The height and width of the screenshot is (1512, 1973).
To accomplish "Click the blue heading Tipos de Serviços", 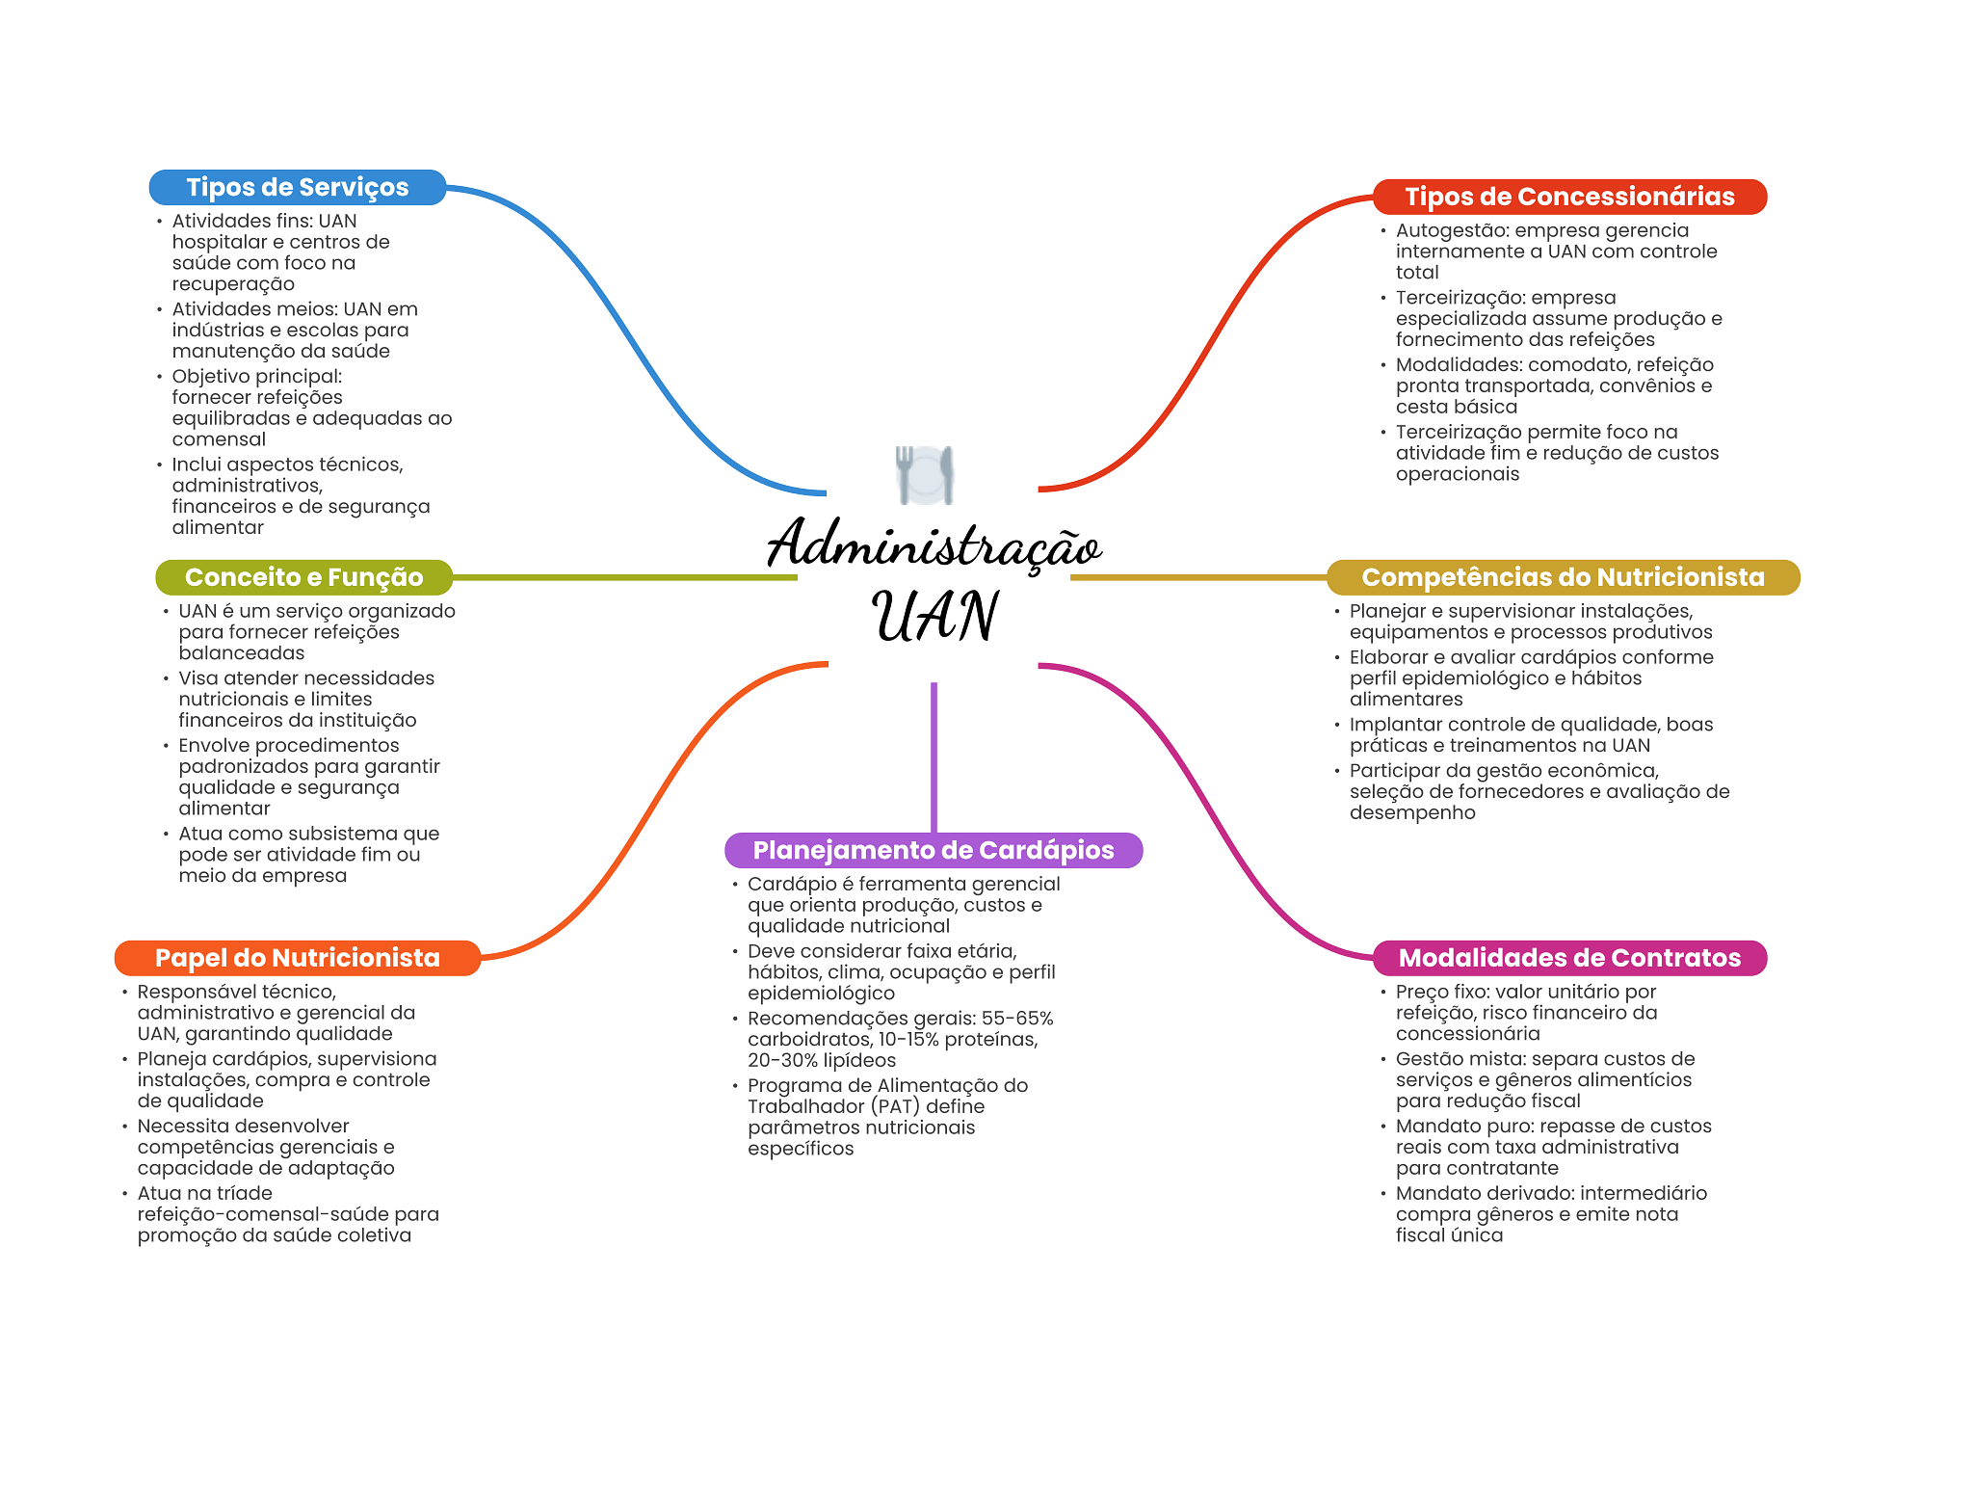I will [298, 187].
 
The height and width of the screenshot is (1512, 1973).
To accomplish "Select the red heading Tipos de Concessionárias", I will [1569, 197].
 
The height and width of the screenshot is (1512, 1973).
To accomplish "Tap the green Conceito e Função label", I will [303, 577].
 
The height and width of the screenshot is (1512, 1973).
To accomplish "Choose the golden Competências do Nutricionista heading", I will [1563, 577].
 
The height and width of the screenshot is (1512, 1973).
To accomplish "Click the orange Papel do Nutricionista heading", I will [297, 958].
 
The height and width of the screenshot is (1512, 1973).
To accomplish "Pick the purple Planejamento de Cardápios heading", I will [933, 850].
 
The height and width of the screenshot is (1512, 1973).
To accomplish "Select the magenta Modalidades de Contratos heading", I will [1569, 958].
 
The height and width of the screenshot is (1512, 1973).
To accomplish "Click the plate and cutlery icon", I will [925, 474].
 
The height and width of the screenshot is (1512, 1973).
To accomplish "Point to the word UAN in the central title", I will [934, 617].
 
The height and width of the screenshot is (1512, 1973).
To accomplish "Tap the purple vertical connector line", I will [934, 756].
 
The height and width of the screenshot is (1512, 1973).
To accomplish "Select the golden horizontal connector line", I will [1198, 578].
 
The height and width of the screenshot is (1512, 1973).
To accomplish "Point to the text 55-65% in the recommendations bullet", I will [1017, 1019].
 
